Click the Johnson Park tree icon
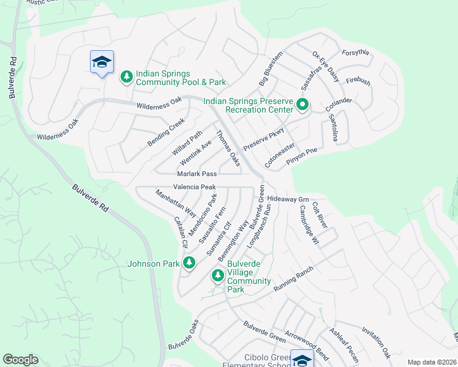point(189,263)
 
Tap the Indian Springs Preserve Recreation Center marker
point(302,105)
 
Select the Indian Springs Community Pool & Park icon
point(127,77)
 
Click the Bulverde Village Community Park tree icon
point(217,276)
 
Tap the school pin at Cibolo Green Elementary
point(301,360)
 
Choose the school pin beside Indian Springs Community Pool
point(102,62)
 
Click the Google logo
point(20,360)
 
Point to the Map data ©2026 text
point(432,362)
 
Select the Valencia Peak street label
point(193,187)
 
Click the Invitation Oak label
point(376,344)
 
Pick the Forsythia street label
point(355,53)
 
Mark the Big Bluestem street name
point(271,68)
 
